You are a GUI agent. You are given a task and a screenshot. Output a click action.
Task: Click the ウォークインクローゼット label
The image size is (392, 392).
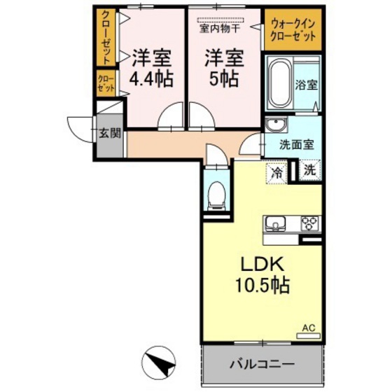click(292, 29)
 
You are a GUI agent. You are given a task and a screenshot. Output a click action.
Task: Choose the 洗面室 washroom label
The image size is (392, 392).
click(296, 146)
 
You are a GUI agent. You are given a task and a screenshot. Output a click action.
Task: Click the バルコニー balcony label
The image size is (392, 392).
click(262, 364)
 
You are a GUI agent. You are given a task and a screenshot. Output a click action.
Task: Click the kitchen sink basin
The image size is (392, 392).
click(275, 225)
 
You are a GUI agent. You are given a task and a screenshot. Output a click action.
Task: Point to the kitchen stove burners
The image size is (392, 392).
click(308, 224)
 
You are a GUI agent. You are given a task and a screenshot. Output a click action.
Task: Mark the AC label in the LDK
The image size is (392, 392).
click(308, 327)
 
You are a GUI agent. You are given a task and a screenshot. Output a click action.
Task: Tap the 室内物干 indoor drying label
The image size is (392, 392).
click(220, 28)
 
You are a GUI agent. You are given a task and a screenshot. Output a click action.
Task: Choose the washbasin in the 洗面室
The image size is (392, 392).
click(275, 126)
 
